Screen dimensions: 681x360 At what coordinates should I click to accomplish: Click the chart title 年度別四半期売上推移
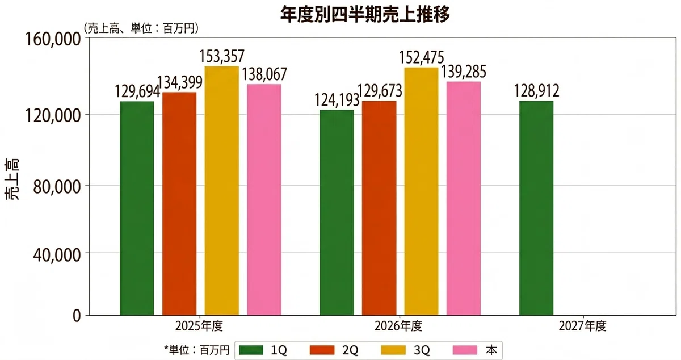click(x=364, y=14)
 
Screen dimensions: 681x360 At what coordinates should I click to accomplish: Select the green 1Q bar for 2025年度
click(x=137, y=208)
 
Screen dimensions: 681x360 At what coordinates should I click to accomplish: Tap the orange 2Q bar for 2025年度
click(x=179, y=204)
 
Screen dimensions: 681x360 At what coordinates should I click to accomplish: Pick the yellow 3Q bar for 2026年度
click(x=421, y=191)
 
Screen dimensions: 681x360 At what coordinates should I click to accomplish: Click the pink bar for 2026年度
click(x=464, y=198)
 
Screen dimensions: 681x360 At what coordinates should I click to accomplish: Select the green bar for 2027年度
click(x=536, y=208)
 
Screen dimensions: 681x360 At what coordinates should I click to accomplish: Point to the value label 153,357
click(x=222, y=56)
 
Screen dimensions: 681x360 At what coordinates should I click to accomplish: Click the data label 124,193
click(x=337, y=99)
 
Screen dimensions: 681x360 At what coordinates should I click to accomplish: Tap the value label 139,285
click(x=464, y=72)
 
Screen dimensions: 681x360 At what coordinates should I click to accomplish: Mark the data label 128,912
click(x=536, y=91)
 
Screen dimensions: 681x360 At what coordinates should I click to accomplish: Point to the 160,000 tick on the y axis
click(x=53, y=40)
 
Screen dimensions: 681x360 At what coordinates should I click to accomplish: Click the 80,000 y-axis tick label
click(x=57, y=187)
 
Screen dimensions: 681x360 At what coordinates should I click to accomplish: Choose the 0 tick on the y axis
click(x=77, y=316)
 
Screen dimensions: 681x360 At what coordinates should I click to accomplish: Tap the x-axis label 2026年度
click(x=398, y=326)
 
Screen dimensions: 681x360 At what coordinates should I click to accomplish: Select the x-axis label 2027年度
click(x=582, y=326)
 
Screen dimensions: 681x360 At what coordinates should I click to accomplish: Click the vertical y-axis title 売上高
click(x=12, y=179)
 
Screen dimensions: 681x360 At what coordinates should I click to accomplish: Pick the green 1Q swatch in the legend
click(x=251, y=350)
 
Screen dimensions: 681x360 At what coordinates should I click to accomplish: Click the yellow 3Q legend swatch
click(x=393, y=350)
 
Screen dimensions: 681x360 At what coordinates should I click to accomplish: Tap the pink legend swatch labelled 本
click(x=465, y=350)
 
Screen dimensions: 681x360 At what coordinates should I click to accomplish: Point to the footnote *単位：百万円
click(x=197, y=350)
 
